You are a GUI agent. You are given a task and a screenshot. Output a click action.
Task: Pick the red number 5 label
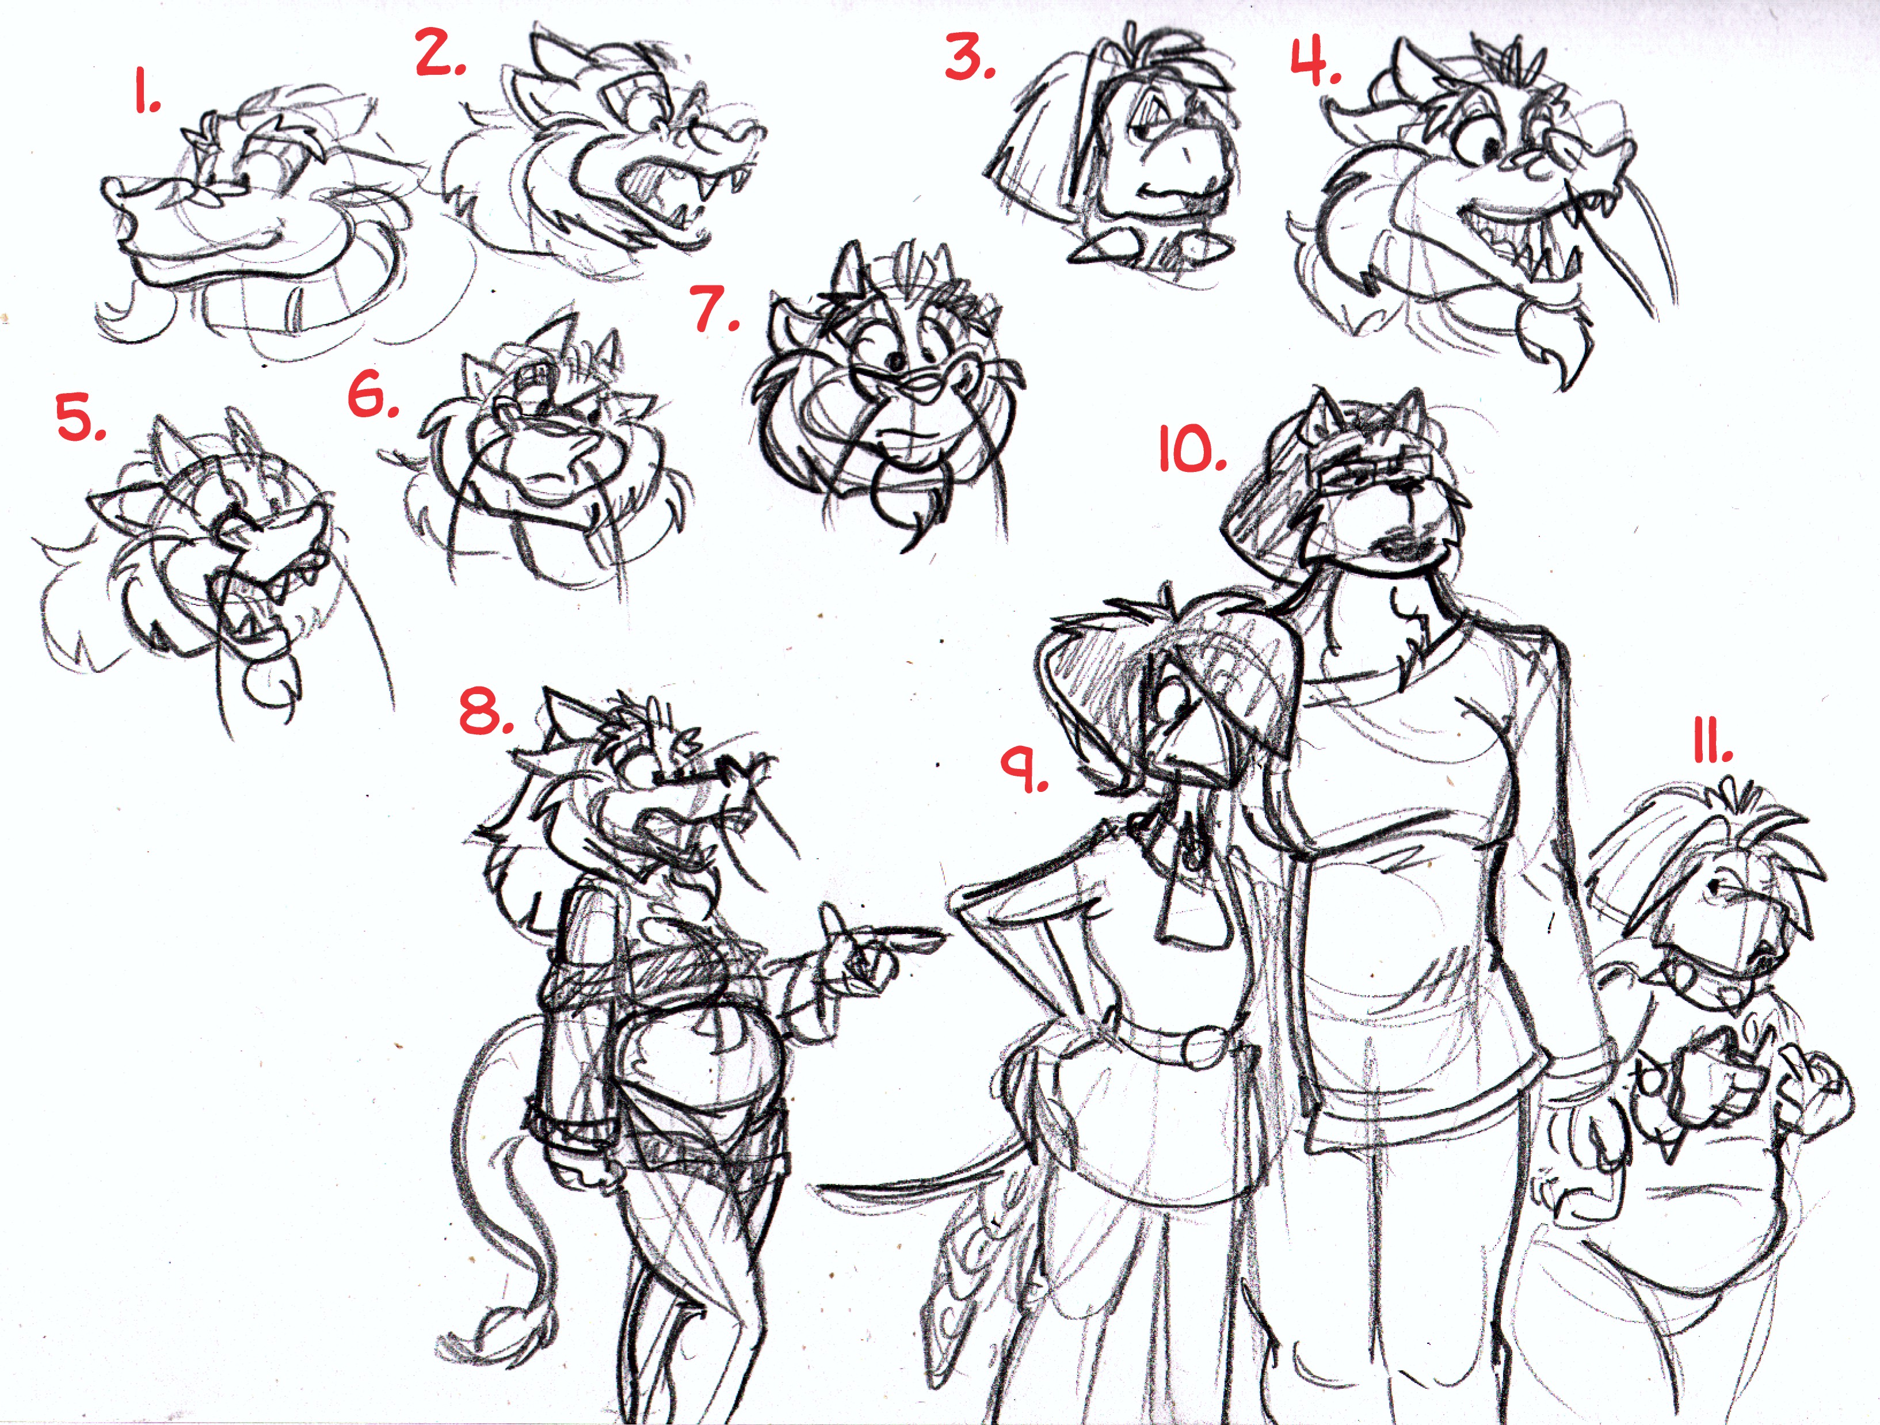[81, 417]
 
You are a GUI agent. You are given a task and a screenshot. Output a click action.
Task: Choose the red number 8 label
[486, 710]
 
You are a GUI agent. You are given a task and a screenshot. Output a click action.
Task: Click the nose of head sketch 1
[136, 197]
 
